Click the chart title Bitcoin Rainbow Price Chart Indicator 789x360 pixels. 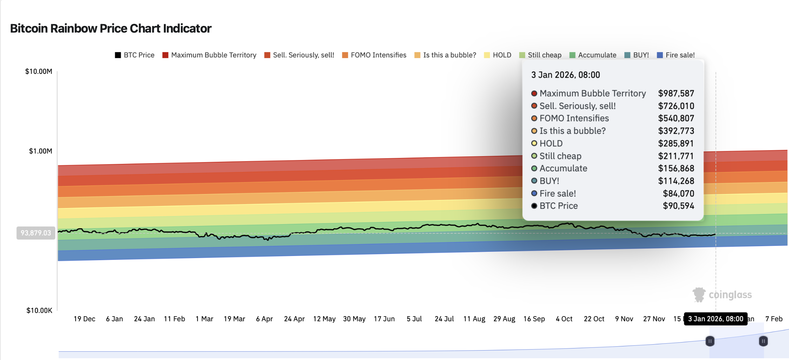click(x=111, y=28)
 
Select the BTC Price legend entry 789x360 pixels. click(x=135, y=55)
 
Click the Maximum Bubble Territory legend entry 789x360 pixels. click(x=210, y=55)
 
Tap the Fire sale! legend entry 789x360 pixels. click(x=676, y=55)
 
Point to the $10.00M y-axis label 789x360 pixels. click(x=39, y=71)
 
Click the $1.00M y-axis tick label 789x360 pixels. click(x=40, y=151)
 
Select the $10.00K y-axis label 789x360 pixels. click(x=39, y=310)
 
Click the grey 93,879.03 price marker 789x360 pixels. click(x=36, y=233)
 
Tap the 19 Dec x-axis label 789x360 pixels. click(x=84, y=319)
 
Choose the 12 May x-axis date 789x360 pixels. click(x=324, y=319)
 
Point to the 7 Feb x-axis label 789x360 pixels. click(x=774, y=319)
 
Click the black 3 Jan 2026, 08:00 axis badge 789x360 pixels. click(x=715, y=319)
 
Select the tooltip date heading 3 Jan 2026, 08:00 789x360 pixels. click(x=565, y=75)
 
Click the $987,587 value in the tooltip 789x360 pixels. click(x=676, y=94)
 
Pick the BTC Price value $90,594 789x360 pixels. click(x=678, y=206)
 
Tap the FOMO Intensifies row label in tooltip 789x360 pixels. click(x=574, y=118)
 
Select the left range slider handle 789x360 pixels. click(x=710, y=341)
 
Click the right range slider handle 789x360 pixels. click(x=763, y=341)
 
